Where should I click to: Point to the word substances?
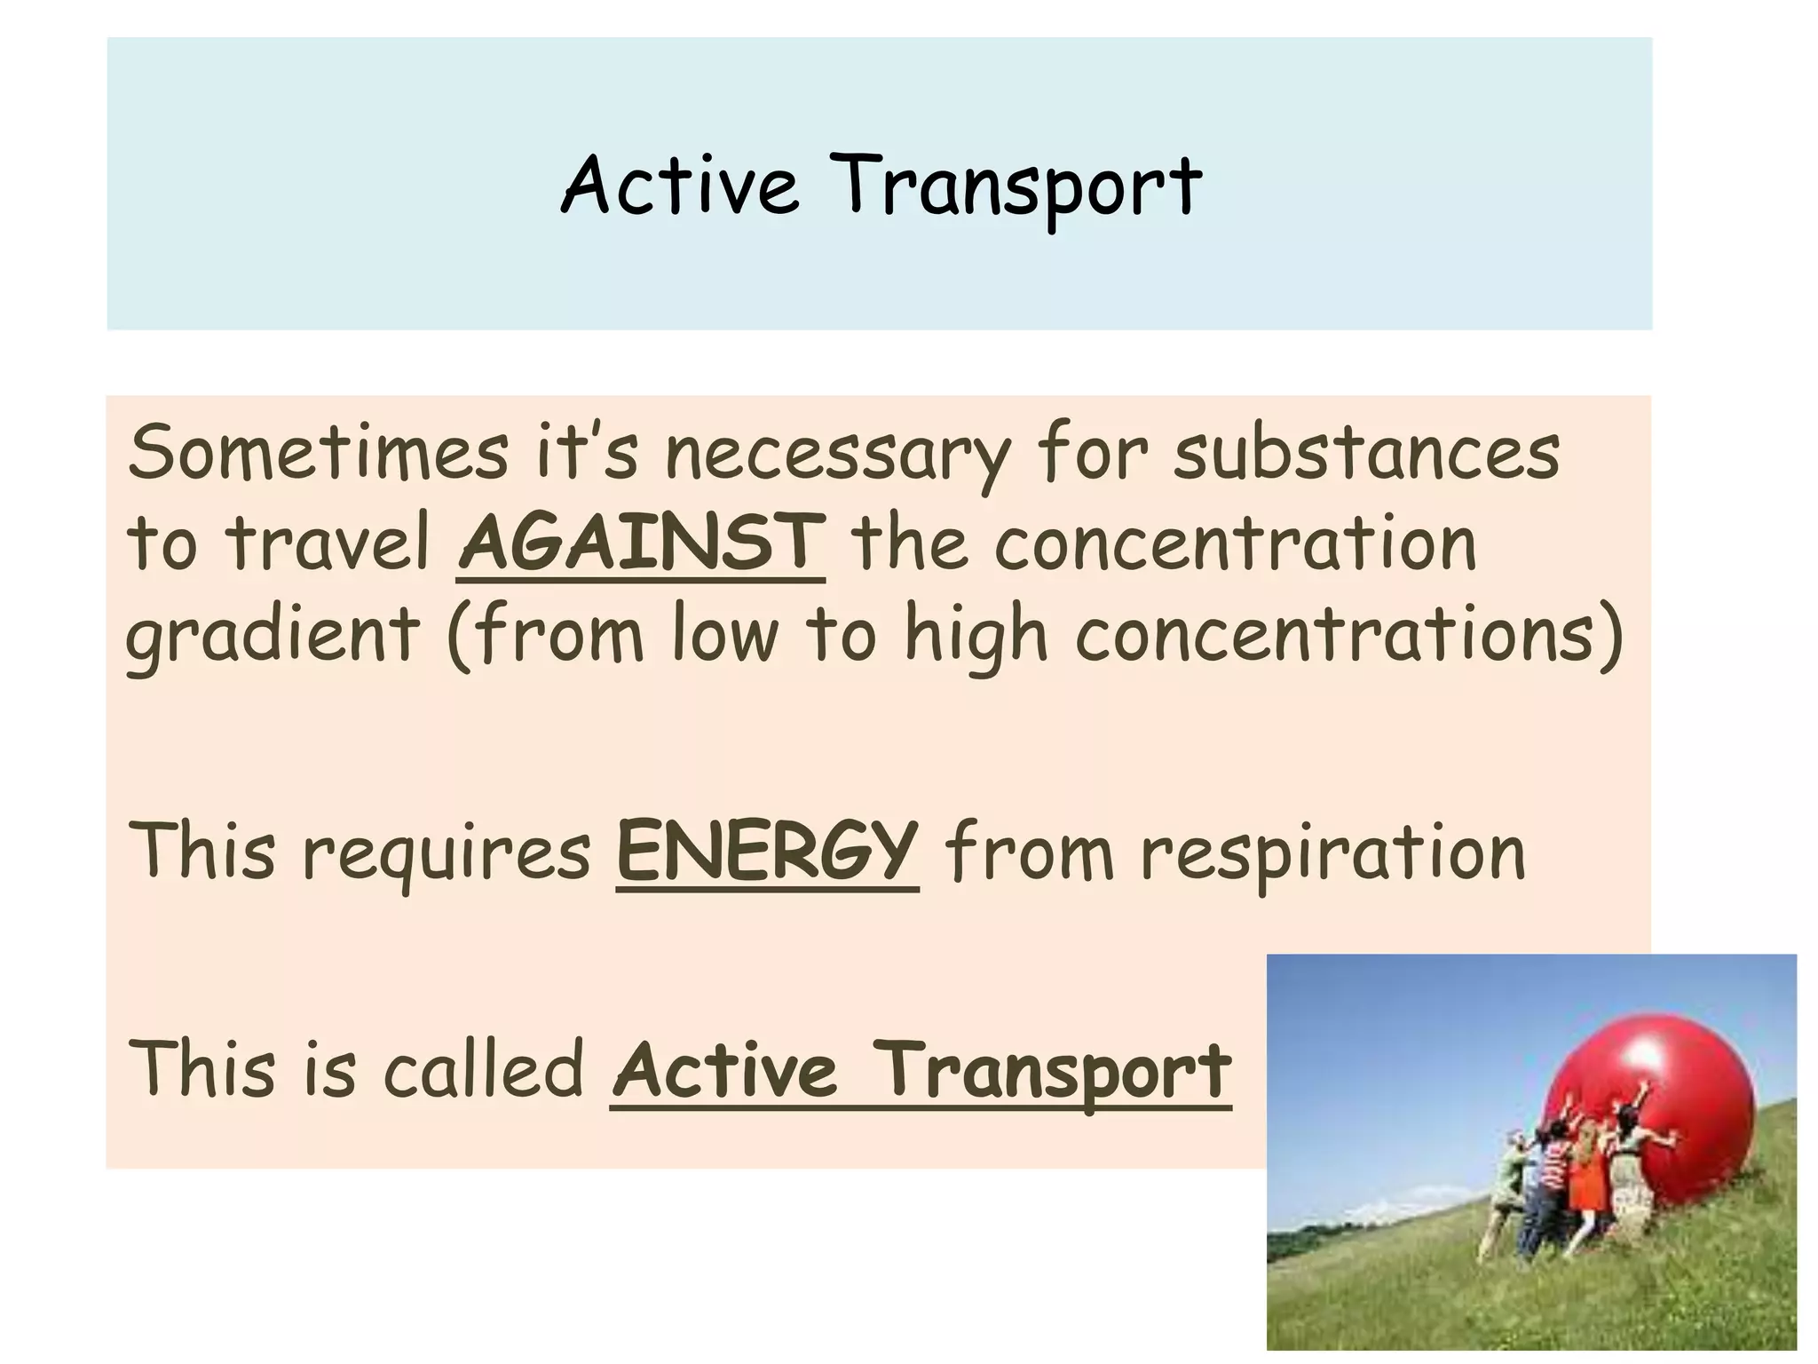point(1366,453)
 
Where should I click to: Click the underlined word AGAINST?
point(641,543)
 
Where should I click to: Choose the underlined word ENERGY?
point(767,850)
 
